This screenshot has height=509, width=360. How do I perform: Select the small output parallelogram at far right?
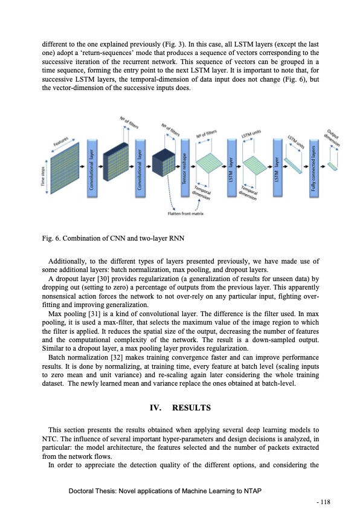click(x=333, y=165)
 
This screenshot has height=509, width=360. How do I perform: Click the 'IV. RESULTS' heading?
click(x=179, y=408)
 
